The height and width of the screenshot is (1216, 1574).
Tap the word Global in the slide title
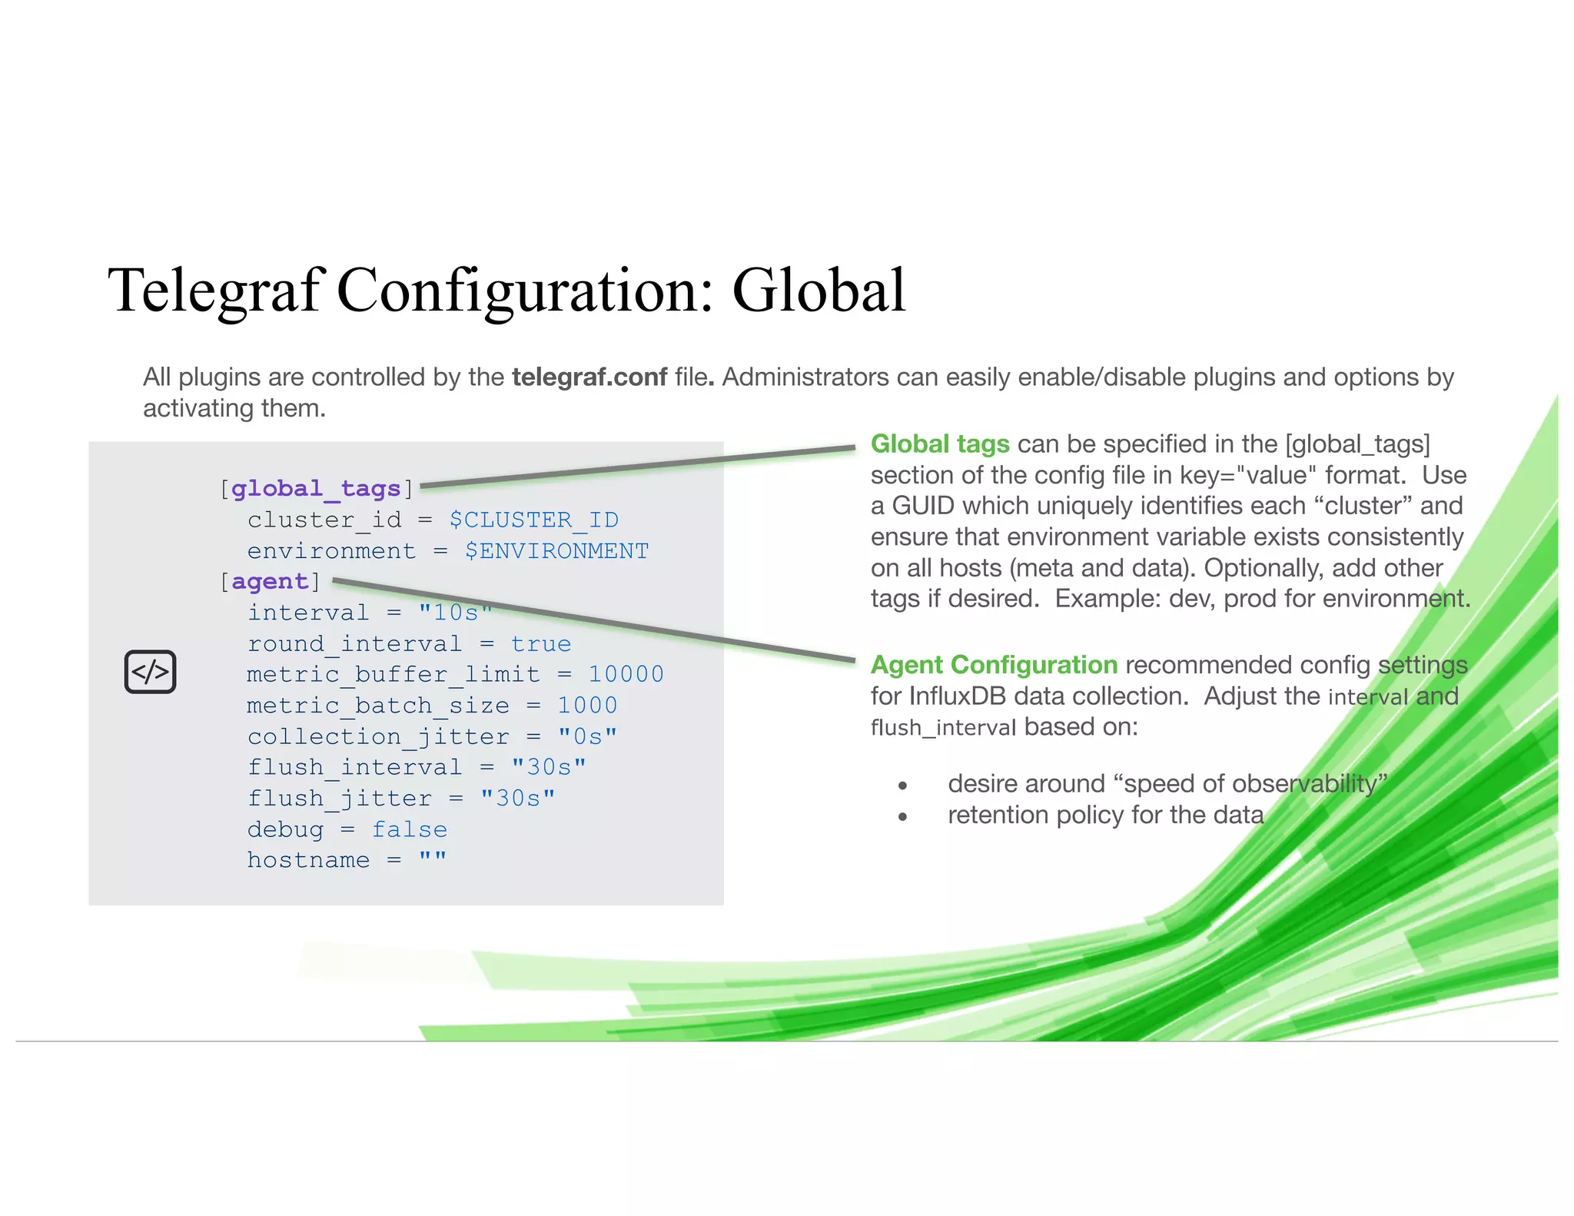tap(819, 291)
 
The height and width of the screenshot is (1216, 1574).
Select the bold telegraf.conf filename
tap(589, 377)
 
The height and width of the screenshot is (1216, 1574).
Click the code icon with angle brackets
tap(151, 672)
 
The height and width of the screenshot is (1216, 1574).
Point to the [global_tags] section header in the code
tap(317, 488)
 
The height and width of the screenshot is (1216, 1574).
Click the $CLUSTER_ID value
tap(533, 520)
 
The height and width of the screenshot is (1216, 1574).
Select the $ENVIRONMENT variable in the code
tap(556, 550)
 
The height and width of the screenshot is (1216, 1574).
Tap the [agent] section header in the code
tap(270, 581)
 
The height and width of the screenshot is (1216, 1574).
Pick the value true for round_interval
tap(541, 643)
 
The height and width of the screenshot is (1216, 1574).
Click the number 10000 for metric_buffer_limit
tap(626, 674)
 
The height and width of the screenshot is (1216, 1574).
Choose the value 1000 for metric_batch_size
tap(587, 705)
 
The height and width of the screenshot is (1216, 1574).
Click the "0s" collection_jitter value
tap(587, 736)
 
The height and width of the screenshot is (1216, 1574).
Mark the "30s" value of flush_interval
tap(549, 767)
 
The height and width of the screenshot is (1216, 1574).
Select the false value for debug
tap(410, 829)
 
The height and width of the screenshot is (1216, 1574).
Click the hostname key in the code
tap(308, 860)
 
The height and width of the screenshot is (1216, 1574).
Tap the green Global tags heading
tap(940, 444)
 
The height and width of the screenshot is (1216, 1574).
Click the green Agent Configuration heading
tap(994, 665)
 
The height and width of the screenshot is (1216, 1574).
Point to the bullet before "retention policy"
tap(903, 816)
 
